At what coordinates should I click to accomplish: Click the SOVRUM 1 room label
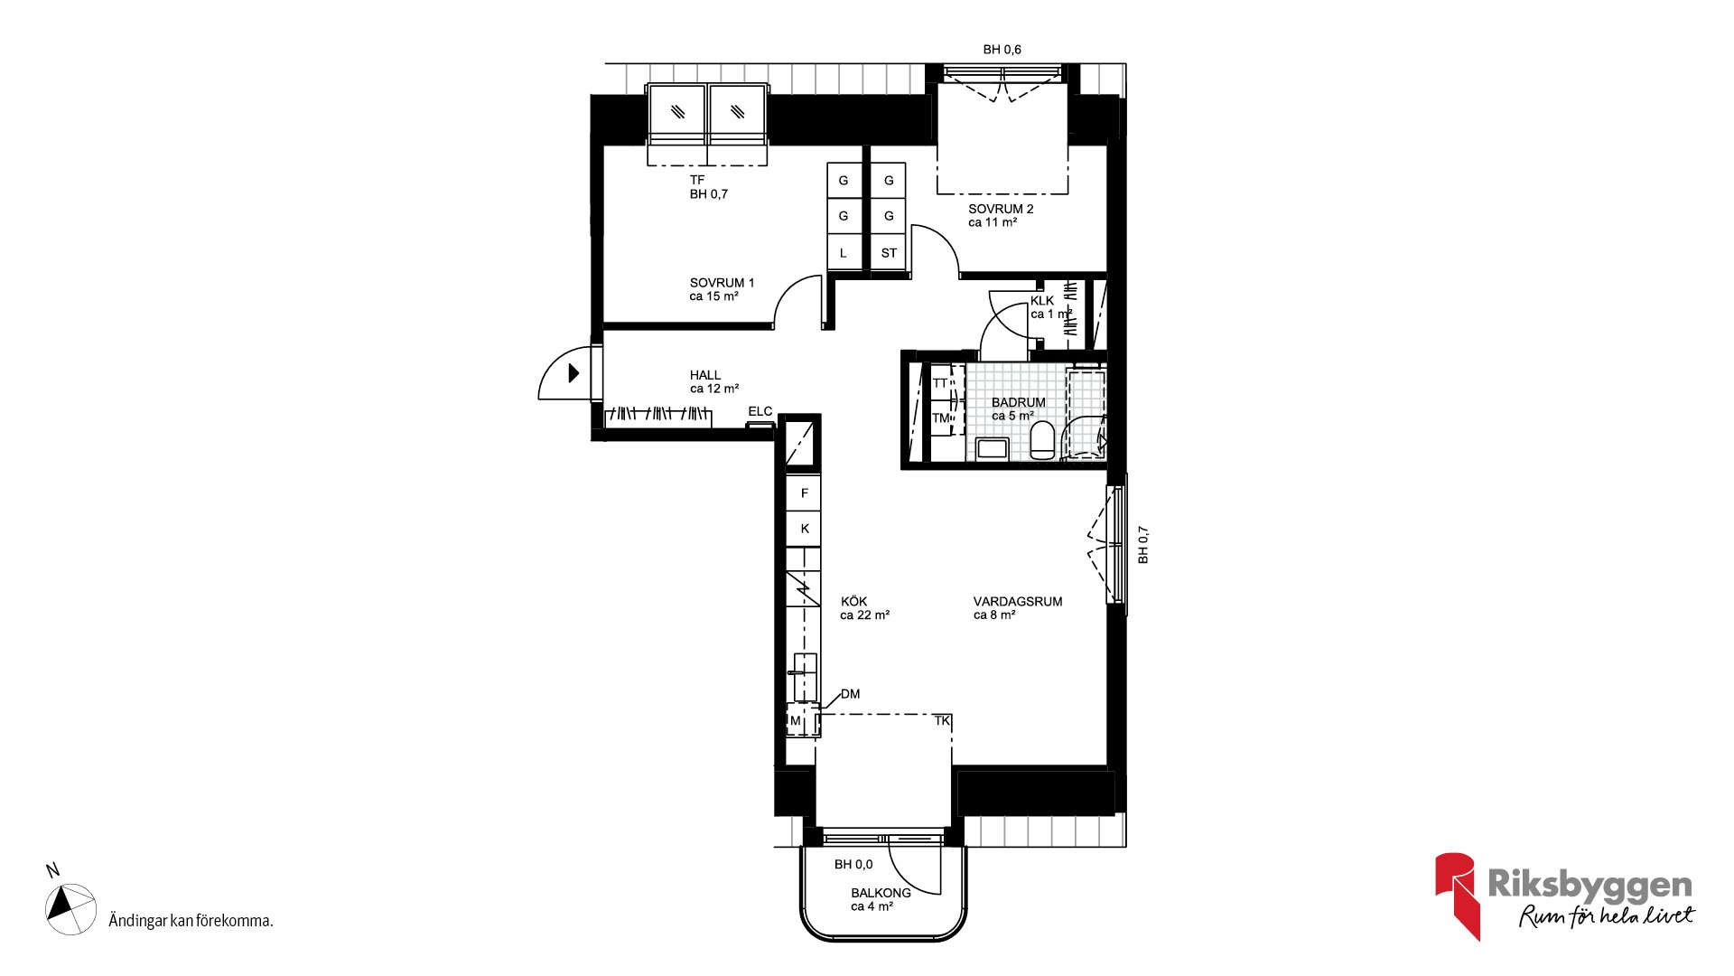tap(722, 283)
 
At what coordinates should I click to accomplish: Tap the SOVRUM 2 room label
tap(1001, 209)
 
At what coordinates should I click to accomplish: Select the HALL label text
tap(705, 375)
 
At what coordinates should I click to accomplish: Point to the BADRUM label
tap(1018, 402)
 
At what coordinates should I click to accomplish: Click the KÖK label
tap(853, 601)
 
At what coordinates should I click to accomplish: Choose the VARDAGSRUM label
tap(1018, 601)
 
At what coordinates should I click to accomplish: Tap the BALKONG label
tap(881, 893)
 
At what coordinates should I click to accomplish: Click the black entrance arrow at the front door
tap(573, 372)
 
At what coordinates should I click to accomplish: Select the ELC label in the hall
tap(760, 411)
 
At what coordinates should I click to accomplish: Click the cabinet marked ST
tap(889, 252)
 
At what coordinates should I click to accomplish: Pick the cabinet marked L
tap(844, 252)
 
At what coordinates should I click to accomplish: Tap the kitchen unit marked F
tap(804, 493)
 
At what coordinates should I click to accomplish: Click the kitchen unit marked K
tap(804, 529)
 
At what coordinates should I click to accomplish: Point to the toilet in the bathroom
tap(1042, 440)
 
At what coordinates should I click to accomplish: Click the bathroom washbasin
tap(993, 448)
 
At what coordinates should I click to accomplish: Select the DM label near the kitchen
tap(850, 694)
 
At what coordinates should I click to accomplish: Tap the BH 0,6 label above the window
tap(1002, 50)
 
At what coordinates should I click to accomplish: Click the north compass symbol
tap(70, 908)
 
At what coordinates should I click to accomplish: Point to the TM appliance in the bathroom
tap(941, 418)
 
